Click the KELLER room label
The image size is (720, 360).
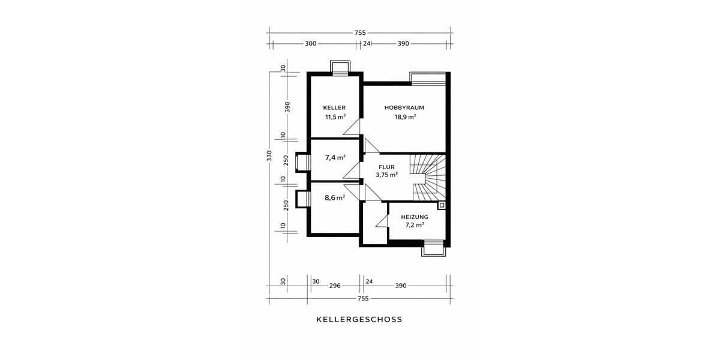coord(334,108)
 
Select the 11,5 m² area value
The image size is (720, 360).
coord(335,118)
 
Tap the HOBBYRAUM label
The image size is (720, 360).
coord(404,108)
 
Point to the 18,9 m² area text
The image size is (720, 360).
coord(405,118)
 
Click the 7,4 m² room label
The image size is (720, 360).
coord(335,158)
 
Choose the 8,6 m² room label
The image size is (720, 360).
coord(335,197)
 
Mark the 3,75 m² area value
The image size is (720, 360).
coord(386,175)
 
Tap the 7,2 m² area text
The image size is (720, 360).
coord(415,225)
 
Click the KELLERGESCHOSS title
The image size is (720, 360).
coord(359,320)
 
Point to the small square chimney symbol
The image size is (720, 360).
coord(442,205)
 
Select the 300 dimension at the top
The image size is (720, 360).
coord(311,44)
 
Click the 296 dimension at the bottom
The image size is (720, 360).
coord(335,286)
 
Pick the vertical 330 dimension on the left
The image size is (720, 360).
coord(269,156)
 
